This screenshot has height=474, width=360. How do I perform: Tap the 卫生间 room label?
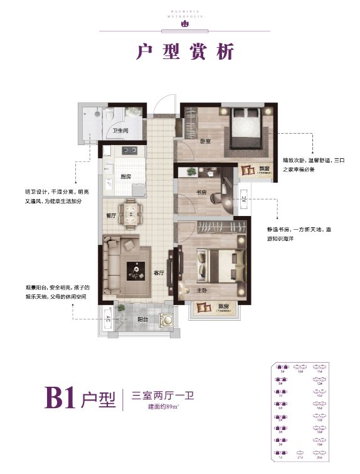(120, 131)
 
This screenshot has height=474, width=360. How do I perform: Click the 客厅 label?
(159, 274)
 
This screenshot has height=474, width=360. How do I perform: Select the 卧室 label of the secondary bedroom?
(205, 141)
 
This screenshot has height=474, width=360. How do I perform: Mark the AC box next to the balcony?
(108, 319)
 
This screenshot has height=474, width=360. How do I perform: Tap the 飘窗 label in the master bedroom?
(223, 307)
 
